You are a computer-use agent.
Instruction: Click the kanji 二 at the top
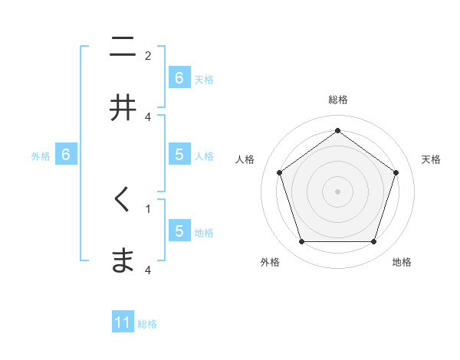pyautogui.click(x=122, y=47)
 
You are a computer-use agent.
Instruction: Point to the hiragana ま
pyautogui.click(x=122, y=261)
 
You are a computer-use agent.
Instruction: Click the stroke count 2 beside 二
pyautogui.click(x=148, y=56)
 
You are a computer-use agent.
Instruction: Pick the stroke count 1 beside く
pyautogui.click(x=148, y=208)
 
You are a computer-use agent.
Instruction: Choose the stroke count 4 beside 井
pyautogui.click(x=148, y=116)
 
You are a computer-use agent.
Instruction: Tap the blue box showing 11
pyautogui.click(x=123, y=322)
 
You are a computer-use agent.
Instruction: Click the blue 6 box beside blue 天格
pyautogui.click(x=179, y=78)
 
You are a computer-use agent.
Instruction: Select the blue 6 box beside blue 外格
pyautogui.click(x=66, y=155)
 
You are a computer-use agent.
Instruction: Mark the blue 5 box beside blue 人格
pyautogui.click(x=179, y=155)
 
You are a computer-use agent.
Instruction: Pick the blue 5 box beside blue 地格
pyautogui.click(x=179, y=231)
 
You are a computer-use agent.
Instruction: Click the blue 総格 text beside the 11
pyautogui.click(x=147, y=324)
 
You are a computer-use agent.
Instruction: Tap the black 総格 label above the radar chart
pyautogui.click(x=337, y=100)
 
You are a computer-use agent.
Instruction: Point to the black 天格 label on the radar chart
pyautogui.click(x=432, y=159)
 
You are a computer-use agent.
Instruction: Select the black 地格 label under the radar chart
pyautogui.click(x=402, y=262)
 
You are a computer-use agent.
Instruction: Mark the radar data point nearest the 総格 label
pyautogui.click(x=337, y=131)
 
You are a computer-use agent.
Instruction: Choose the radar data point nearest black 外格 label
pyautogui.click(x=301, y=242)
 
